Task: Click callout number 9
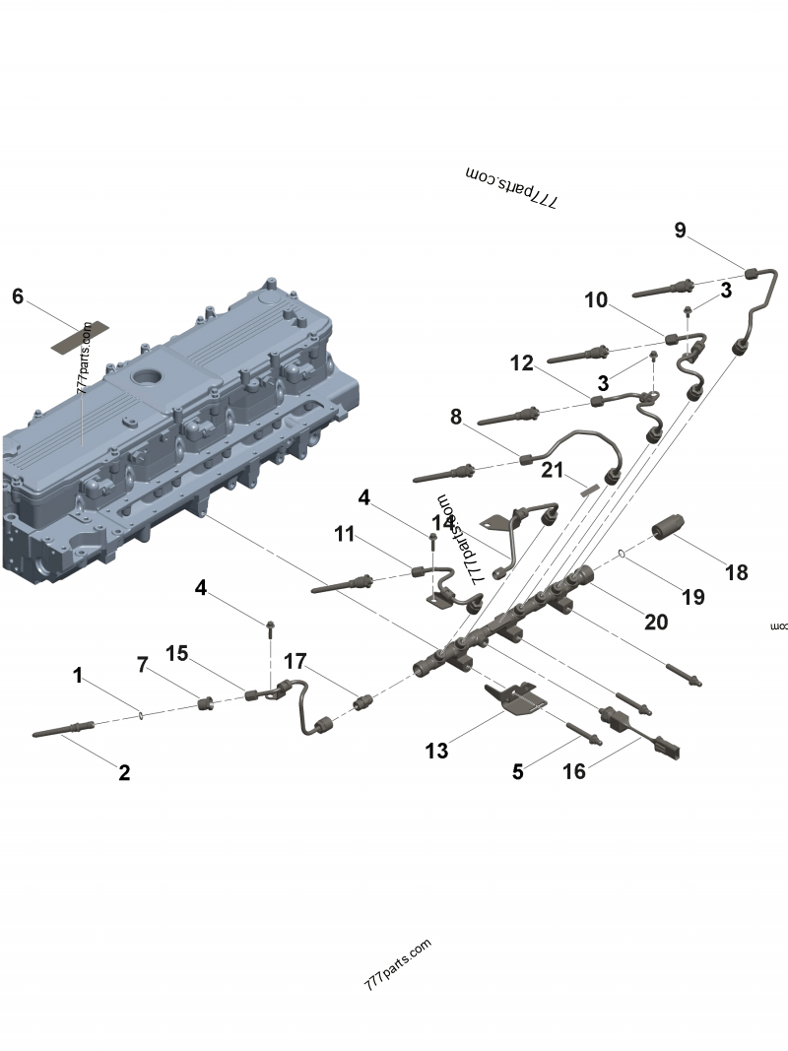(680, 230)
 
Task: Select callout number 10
(597, 300)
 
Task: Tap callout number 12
(522, 363)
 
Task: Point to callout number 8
(455, 417)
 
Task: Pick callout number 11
(344, 534)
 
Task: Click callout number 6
(17, 296)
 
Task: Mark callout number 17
(295, 660)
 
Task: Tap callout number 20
(656, 622)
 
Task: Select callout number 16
(573, 771)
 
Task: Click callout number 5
(518, 771)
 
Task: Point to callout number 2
(124, 772)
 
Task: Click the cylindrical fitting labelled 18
(674, 533)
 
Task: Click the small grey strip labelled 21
(588, 486)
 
